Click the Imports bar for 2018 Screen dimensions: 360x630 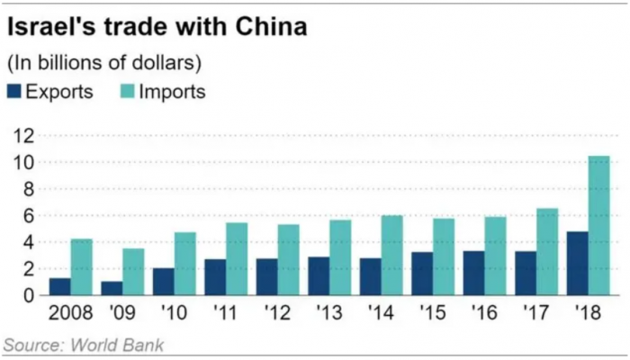coord(598,225)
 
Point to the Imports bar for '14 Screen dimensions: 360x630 coord(391,255)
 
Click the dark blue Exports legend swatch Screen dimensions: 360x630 coord(14,92)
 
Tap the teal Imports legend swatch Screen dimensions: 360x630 coord(129,92)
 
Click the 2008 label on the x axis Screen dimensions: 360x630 coord(71,316)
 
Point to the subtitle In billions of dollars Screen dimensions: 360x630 coord(103,63)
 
